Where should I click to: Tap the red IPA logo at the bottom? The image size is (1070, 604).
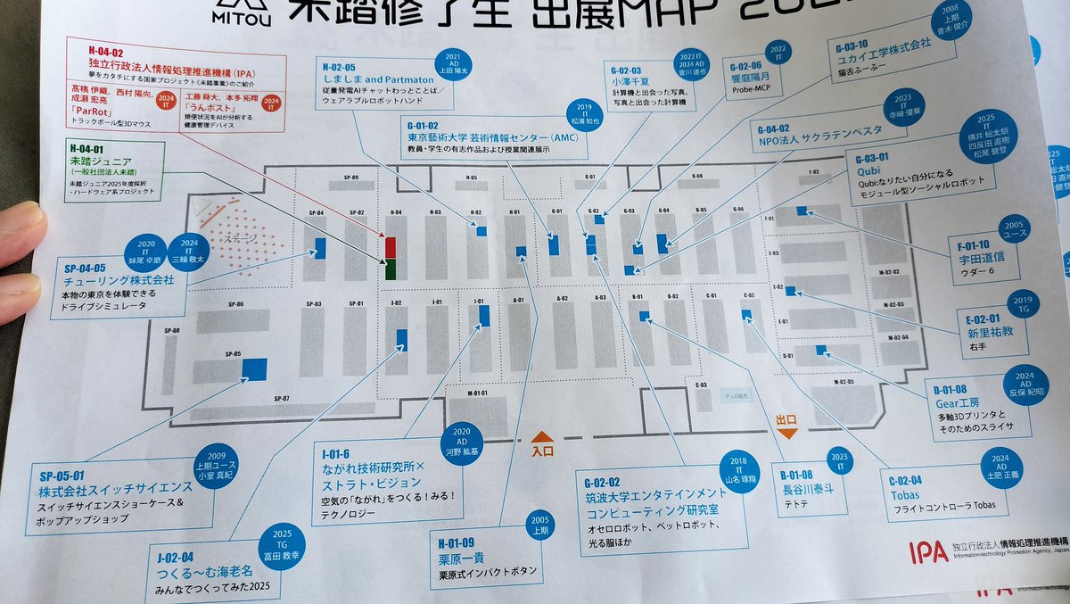click(926, 552)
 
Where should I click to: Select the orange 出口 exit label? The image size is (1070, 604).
click(786, 419)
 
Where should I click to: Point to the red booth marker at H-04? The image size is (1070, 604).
click(390, 247)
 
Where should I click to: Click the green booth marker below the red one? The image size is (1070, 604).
click(390, 269)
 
